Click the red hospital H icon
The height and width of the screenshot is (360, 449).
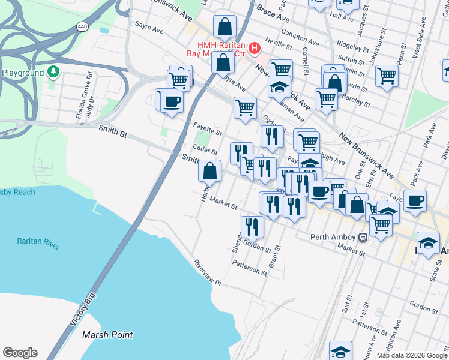[x=255, y=47]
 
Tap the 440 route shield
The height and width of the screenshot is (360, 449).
[x=82, y=27]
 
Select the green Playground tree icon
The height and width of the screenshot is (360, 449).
[x=54, y=73]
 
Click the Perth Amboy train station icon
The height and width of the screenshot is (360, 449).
[x=363, y=236]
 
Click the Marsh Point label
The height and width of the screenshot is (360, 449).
[x=107, y=335]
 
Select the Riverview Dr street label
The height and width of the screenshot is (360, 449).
[x=208, y=272]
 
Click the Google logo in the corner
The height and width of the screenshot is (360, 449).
[x=20, y=353]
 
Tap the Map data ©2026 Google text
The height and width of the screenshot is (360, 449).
[x=412, y=355]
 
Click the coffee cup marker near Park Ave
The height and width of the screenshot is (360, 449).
[x=415, y=200]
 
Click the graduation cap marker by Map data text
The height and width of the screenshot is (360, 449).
[x=340, y=351]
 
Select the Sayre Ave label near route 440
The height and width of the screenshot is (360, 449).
[x=149, y=29]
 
